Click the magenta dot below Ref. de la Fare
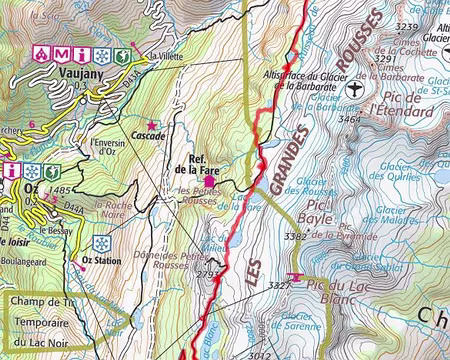209,181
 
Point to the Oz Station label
98,264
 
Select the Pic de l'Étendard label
400,101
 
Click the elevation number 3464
349,119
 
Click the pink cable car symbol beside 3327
294,277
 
